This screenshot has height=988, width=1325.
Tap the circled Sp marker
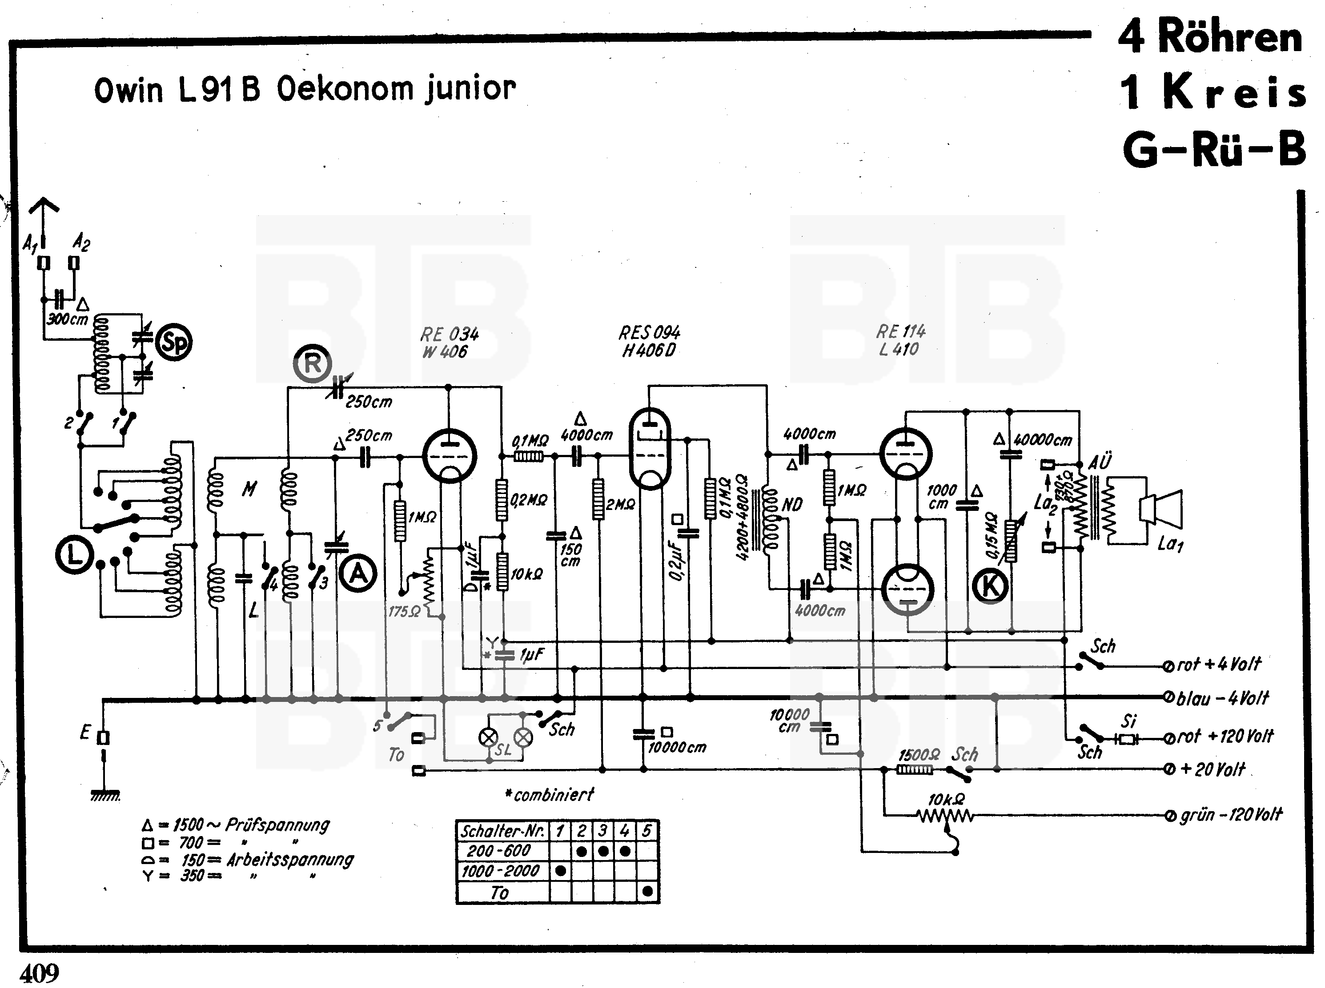[x=173, y=343]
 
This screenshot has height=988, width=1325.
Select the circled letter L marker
[x=74, y=556]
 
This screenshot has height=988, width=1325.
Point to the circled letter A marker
[x=358, y=574]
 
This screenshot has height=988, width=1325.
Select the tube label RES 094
[x=649, y=333]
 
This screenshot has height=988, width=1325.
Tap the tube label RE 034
[x=450, y=335]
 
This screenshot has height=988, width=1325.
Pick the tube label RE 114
[x=901, y=331]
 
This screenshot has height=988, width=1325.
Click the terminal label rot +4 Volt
[x=1219, y=664]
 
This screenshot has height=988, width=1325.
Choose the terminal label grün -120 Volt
[x=1230, y=815]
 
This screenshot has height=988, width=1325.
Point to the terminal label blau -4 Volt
[x=1222, y=698]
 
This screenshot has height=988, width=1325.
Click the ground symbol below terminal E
[x=105, y=796]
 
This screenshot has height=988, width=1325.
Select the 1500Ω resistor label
[x=919, y=755]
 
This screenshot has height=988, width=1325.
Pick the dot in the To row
[x=647, y=892]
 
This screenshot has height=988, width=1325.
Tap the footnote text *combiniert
[x=550, y=795]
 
